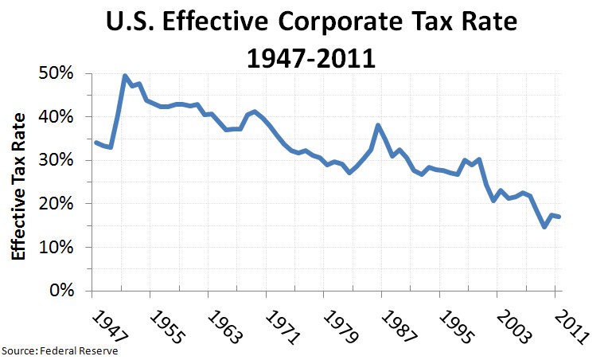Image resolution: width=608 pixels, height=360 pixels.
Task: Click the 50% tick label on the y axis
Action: (x=57, y=73)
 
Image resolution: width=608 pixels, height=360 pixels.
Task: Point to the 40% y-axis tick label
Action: (x=57, y=117)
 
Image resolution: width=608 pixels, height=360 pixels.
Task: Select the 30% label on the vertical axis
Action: (x=57, y=160)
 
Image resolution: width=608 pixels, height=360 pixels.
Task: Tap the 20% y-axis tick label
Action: (x=57, y=204)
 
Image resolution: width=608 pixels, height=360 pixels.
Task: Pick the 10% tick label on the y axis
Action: (x=57, y=247)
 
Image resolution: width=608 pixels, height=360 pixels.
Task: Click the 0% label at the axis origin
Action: (x=60, y=291)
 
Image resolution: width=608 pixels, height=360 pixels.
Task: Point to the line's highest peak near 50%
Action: (x=125, y=76)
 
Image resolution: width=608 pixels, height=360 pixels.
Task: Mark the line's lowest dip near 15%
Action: (x=544, y=227)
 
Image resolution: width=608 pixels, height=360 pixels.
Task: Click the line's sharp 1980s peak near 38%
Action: (x=377, y=125)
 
